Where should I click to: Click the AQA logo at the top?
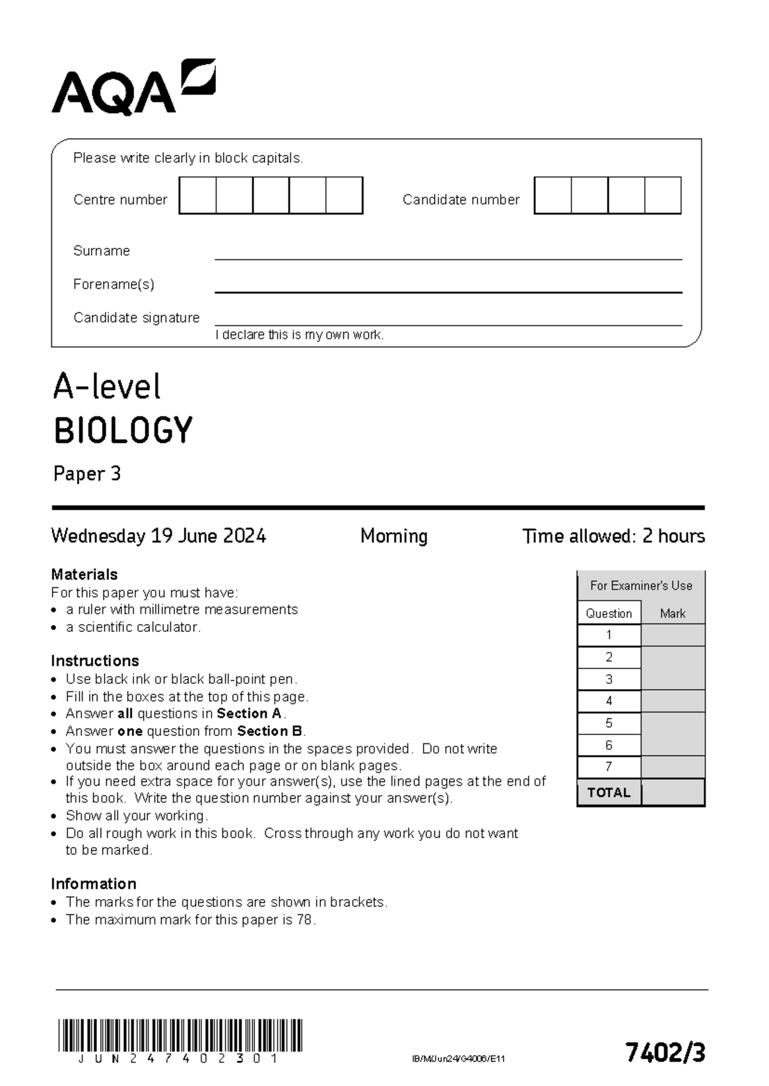(x=133, y=88)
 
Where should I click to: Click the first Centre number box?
(x=197, y=196)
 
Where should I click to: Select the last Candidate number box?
(x=663, y=196)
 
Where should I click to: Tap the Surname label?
(x=101, y=251)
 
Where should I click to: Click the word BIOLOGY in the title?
(x=123, y=430)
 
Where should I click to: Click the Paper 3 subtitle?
(x=87, y=474)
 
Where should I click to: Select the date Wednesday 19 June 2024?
(x=158, y=536)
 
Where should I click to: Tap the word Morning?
(x=393, y=536)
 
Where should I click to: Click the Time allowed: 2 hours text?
(x=613, y=536)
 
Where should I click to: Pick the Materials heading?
(x=84, y=574)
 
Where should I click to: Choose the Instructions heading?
(x=95, y=661)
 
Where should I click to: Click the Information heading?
(x=94, y=884)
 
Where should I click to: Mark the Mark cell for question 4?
(x=673, y=701)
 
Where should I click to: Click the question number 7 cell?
(x=609, y=766)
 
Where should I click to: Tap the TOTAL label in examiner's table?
(x=609, y=793)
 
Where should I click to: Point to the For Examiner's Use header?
(x=641, y=585)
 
